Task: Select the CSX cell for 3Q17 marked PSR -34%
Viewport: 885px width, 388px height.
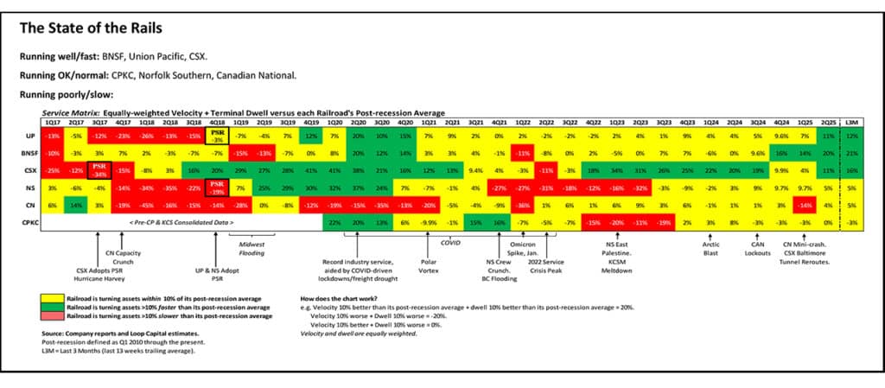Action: pyautogui.click(x=99, y=170)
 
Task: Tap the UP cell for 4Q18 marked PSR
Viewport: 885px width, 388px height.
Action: pyautogui.click(x=219, y=136)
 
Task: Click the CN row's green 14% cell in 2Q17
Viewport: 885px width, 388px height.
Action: pyautogui.click(x=76, y=205)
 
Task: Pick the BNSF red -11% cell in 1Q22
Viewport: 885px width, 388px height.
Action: pyautogui.click(x=522, y=153)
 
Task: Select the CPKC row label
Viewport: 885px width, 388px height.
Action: pyautogui.click(x=30, y=222)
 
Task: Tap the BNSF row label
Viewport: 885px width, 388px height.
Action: pyautogui.click(x=30, y=153)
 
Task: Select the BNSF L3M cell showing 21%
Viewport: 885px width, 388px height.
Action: pyautogui.click(x=851, y=153)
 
